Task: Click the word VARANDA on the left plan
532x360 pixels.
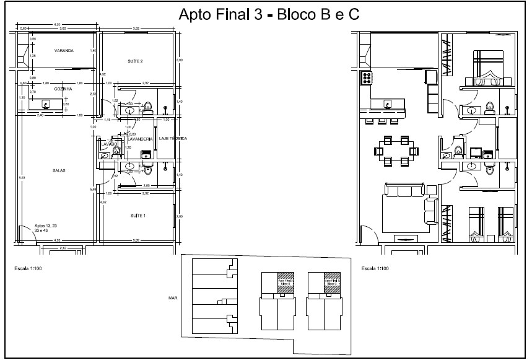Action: tap(64, 51)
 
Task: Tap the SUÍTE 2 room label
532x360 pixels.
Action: tap(136, 61)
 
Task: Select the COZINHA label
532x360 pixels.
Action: tap(63, 89)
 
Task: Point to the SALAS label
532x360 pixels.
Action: tap(59, 170)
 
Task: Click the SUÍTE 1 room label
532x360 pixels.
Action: tap(137, 215)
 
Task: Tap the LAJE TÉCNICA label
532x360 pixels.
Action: tap(173, 139)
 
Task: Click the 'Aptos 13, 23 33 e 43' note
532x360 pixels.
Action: tap(45, 227)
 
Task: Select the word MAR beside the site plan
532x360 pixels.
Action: tap(173, 298)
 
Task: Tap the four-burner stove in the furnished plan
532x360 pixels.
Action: tap(366, 77)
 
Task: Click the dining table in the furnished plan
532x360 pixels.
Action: tap(396, 151)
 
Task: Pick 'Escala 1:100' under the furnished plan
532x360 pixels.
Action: tap(374, 269)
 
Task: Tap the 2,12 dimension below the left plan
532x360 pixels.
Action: tap(62, 248)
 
